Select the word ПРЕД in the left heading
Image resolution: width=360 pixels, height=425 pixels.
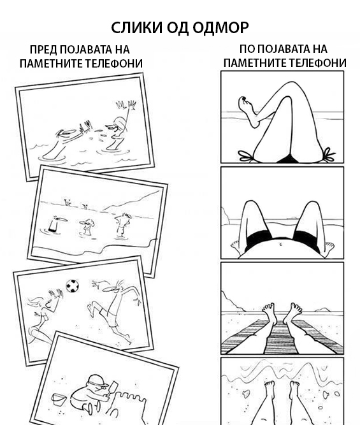[43, 50]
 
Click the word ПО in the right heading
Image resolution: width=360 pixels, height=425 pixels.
[247, 49]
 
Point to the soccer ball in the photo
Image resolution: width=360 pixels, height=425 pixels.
[73, 286]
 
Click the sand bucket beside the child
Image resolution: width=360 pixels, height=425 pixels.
[59, 400]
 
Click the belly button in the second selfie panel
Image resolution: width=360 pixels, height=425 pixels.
[281, 244]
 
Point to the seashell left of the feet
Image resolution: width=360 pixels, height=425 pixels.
[246, 393]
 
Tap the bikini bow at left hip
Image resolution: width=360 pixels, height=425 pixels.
[246, 156]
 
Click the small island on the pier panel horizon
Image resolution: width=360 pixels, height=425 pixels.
[322, 310]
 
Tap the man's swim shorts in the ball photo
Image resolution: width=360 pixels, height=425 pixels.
[108, 316]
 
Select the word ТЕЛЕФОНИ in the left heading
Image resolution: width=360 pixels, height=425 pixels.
[114, 64]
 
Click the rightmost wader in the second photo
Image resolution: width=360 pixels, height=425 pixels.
[123, 225]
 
